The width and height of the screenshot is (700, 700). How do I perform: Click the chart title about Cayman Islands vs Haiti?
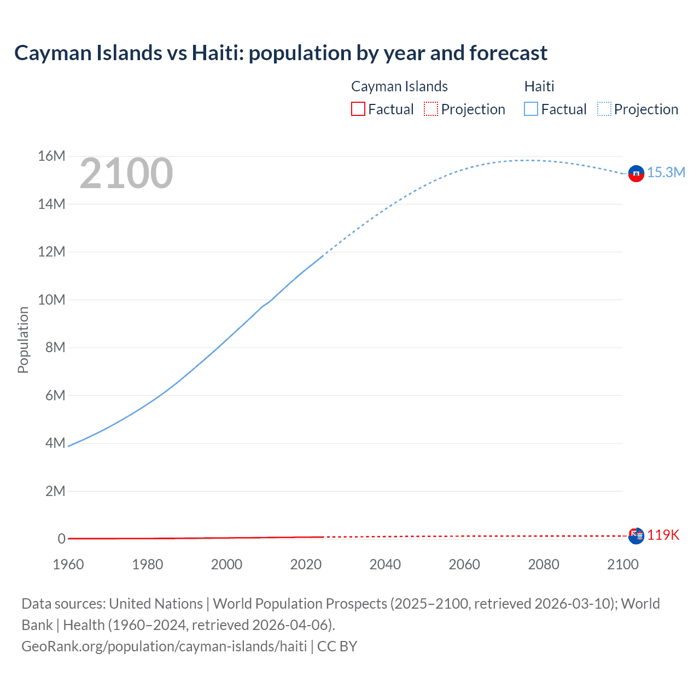(x=281, y=53)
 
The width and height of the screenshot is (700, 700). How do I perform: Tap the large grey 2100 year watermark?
(x=126, y=173)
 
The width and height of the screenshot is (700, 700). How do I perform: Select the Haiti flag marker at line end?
(x=636, y=173)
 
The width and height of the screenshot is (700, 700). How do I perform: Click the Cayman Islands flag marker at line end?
(x=636, y=536)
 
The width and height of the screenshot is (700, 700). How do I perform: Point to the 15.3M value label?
(x=666, y=173)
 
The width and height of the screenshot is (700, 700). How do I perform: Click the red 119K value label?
(x=663, y=535)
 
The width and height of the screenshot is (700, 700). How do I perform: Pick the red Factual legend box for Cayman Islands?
(x=358, y=109)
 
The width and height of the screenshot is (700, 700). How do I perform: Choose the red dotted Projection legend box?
(x=431, y=109)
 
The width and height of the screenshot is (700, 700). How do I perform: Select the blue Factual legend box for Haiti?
(x=530, y=109)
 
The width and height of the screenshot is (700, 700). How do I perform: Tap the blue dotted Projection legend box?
(x=604, y=109)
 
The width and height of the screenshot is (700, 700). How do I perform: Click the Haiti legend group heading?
(x=539, y=86)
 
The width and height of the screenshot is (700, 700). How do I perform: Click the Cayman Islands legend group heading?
(x=399, y=86)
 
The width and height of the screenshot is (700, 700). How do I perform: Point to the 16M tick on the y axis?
(x=51, y=156)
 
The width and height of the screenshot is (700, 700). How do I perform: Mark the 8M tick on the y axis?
(x=55, y=348)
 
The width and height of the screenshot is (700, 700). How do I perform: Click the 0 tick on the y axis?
(x=61, y=539)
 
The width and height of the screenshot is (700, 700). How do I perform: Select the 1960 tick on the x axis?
(x=68, y=564)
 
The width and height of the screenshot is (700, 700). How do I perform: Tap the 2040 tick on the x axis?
(x=385, y=564)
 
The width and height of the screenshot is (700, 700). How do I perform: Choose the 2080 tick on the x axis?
(x=544, y=564)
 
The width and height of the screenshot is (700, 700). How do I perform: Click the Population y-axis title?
(x=23, y=340)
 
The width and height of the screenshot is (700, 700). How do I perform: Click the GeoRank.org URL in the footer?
(x=164, y=646)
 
